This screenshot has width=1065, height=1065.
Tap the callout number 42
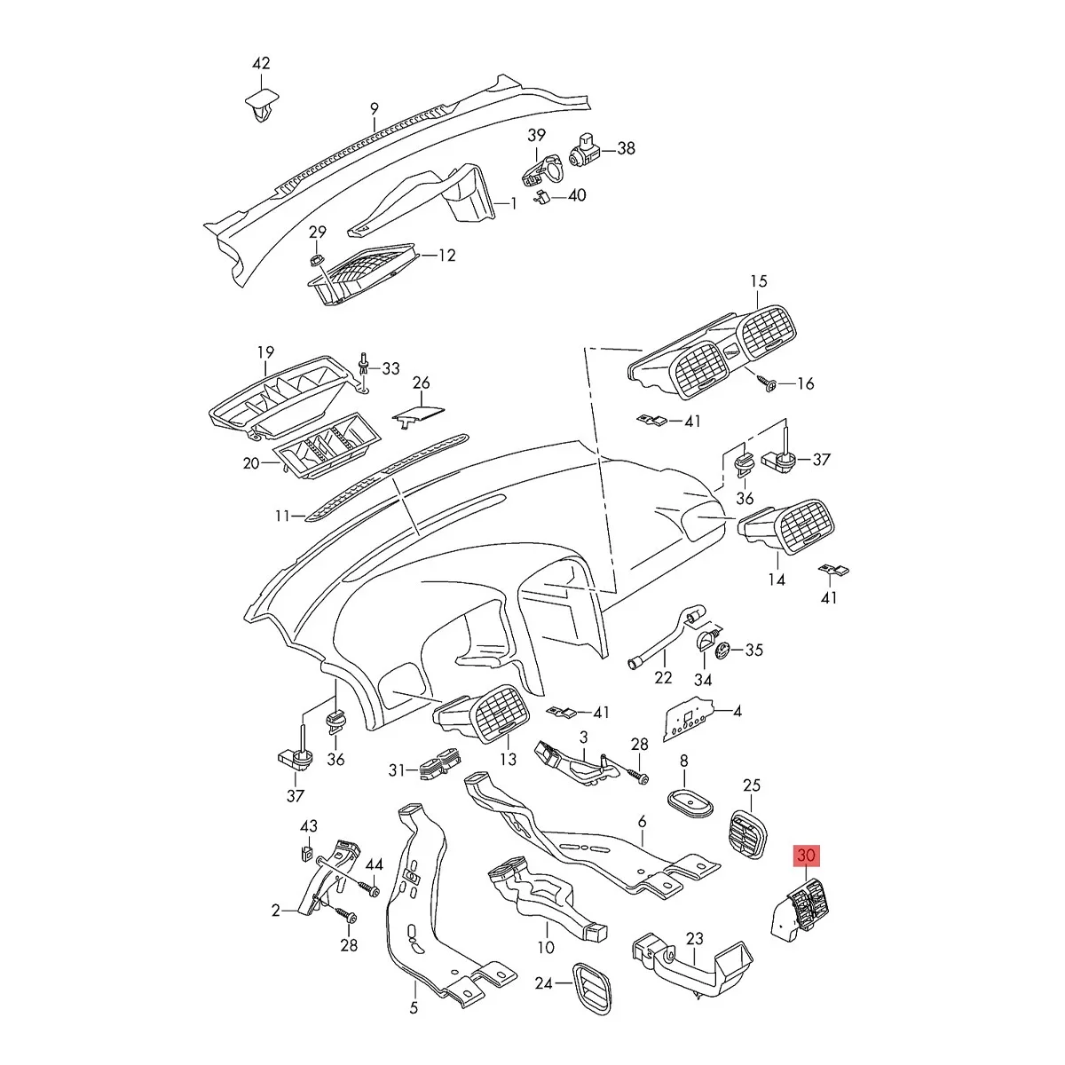coord(261,63)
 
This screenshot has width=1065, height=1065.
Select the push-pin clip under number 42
coord(262,111)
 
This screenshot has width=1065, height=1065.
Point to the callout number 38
coord(627,148)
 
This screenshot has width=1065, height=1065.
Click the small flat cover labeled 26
coord(418,414)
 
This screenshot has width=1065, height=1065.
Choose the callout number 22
coord(663,677)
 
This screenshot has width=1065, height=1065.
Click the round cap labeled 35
coord(723,651)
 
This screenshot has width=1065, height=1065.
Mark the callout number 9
coord(375,108)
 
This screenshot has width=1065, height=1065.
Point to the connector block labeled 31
coord(440,764)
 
